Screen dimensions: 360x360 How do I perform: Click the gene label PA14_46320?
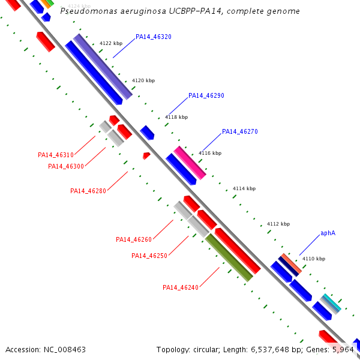[154, 37]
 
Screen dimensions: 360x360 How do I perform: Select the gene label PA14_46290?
[206, 95]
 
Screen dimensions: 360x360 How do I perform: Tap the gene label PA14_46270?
[240, 131]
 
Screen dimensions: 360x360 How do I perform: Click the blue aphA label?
[328, 233]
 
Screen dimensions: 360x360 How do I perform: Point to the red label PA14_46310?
[55, 155]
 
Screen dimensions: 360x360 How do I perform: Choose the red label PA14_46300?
[65, 166]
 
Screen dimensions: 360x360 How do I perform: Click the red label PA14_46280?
[88, 191]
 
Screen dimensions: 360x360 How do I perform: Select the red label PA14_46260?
[133, 239]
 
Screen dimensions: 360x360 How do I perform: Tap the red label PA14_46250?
[149, 256]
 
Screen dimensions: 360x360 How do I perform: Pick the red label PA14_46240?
[180, 287]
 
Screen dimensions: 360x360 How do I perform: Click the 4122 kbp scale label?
[111, 43]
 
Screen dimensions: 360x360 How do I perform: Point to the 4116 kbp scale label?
[210, 153]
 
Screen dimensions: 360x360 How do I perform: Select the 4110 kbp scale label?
[314, 259]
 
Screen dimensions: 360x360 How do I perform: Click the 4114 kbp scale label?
[244, 188]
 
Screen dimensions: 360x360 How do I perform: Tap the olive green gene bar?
[229, 257]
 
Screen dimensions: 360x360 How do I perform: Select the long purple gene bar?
[103, 66]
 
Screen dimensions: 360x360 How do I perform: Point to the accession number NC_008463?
[64, 349]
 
